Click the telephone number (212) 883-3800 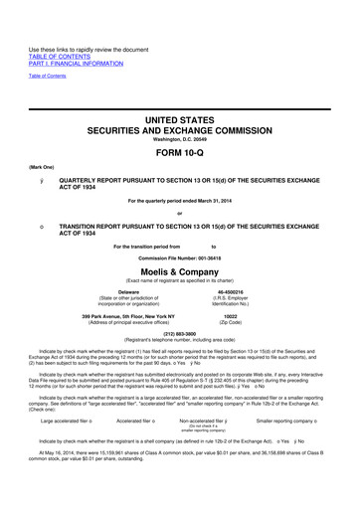click(x=179, y=334)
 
